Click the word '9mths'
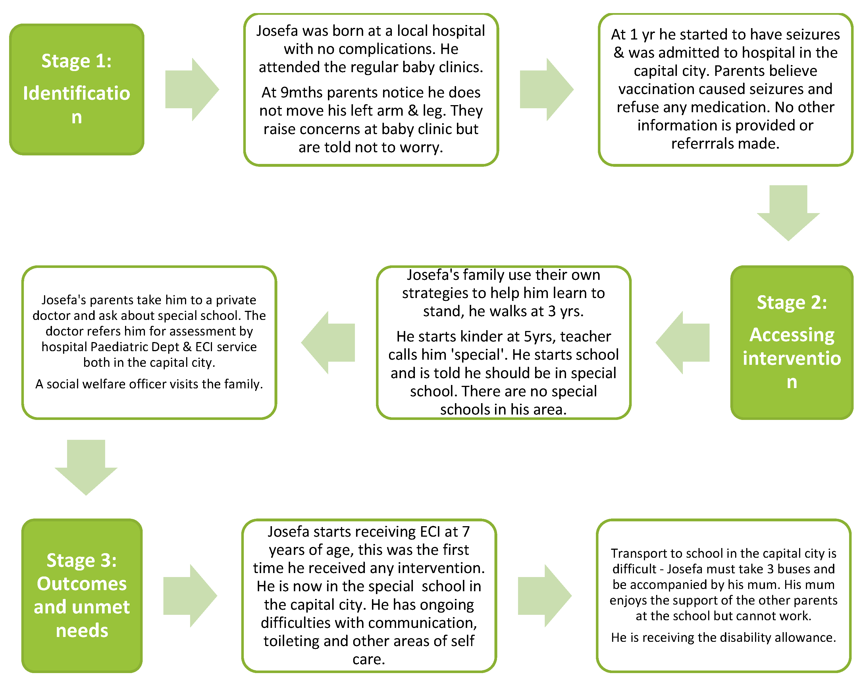(x=301, y=93)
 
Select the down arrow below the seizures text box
(x=788, y=212)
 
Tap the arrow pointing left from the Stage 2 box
(x=683, y=343)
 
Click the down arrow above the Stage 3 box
(x=86, y=467)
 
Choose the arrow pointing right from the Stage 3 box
(x=190, y=596)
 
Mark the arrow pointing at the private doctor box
(x=328, y=343)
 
